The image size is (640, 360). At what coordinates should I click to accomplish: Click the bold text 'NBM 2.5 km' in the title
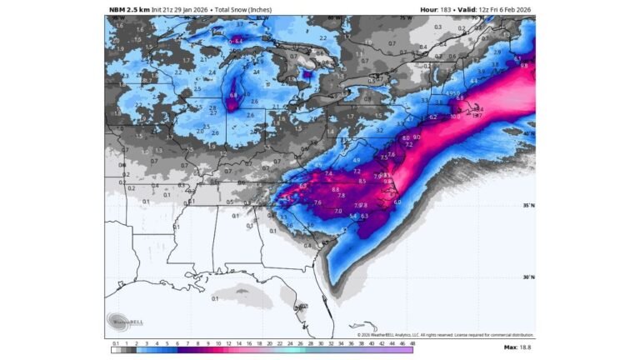point(128,9)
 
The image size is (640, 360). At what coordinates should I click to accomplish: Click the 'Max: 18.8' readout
point(517,347)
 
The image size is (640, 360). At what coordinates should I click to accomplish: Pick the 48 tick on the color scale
point(412,342)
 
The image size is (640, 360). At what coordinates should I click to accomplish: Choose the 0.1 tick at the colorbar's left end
point(115,342)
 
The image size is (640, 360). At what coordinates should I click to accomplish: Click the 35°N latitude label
point(528,205)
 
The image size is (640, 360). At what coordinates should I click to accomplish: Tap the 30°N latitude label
point(528,277)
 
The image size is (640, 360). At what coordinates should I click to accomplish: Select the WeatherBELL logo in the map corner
point(122,322)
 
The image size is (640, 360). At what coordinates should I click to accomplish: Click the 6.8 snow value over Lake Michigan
point(233,96)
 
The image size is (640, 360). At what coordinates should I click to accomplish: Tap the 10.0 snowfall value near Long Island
point(455,117)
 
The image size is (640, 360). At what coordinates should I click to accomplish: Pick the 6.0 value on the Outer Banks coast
point(397,202)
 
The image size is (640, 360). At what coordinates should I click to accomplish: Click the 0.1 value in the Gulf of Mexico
point(215,297)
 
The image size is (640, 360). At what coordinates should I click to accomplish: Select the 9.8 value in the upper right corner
point(524,65)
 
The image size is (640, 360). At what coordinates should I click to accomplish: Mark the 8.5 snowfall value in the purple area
point(362,181)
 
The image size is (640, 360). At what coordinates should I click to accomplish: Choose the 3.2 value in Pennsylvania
point(379,131)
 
